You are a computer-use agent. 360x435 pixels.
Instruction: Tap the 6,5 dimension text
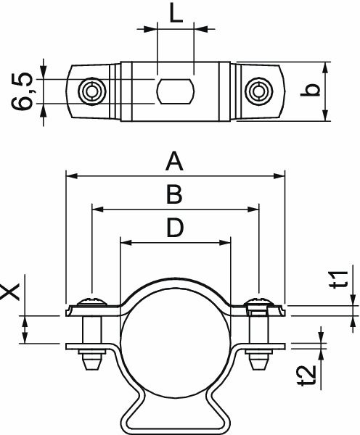(22, 91)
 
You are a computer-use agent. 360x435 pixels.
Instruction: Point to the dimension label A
(173, 162)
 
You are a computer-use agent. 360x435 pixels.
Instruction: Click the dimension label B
(173, 196)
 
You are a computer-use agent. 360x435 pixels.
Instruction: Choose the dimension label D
(174, 228)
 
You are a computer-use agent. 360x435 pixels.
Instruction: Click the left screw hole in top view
(91, 91)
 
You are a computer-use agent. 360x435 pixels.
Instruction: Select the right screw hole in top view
(258, 91)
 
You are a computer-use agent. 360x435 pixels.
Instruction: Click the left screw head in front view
(92, 301)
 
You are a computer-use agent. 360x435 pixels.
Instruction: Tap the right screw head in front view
(258, 301)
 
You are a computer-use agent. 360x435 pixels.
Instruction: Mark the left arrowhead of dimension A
(71, 175)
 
